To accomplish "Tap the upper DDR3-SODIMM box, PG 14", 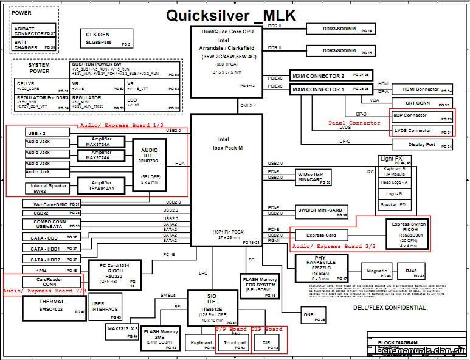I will (340, 29).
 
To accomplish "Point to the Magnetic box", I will (377, 271).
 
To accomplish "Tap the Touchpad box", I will (234, 345).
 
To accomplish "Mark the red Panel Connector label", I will (354, 123).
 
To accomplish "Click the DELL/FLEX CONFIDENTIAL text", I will (389, 308).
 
